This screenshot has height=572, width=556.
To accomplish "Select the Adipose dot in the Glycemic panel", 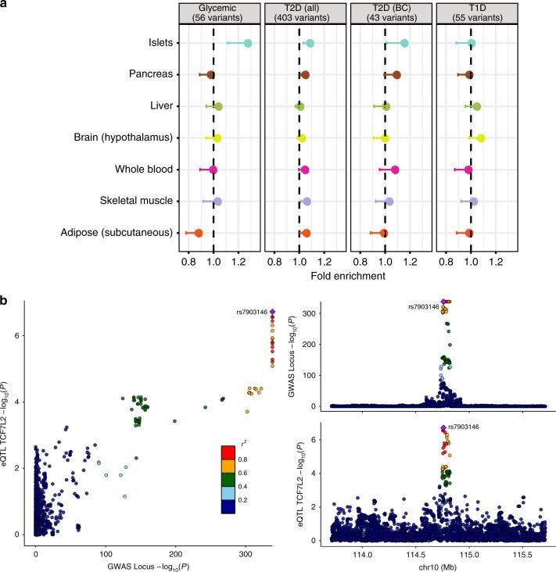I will (x=198, y=233).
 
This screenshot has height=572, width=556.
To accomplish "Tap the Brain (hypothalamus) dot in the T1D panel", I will (x=481, y=138).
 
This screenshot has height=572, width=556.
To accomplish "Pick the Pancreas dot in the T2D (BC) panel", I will (x=396, y=75).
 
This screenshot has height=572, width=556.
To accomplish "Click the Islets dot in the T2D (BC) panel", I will (x=404, y=43).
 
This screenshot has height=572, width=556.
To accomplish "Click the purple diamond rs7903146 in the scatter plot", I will (x=272, y=313).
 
